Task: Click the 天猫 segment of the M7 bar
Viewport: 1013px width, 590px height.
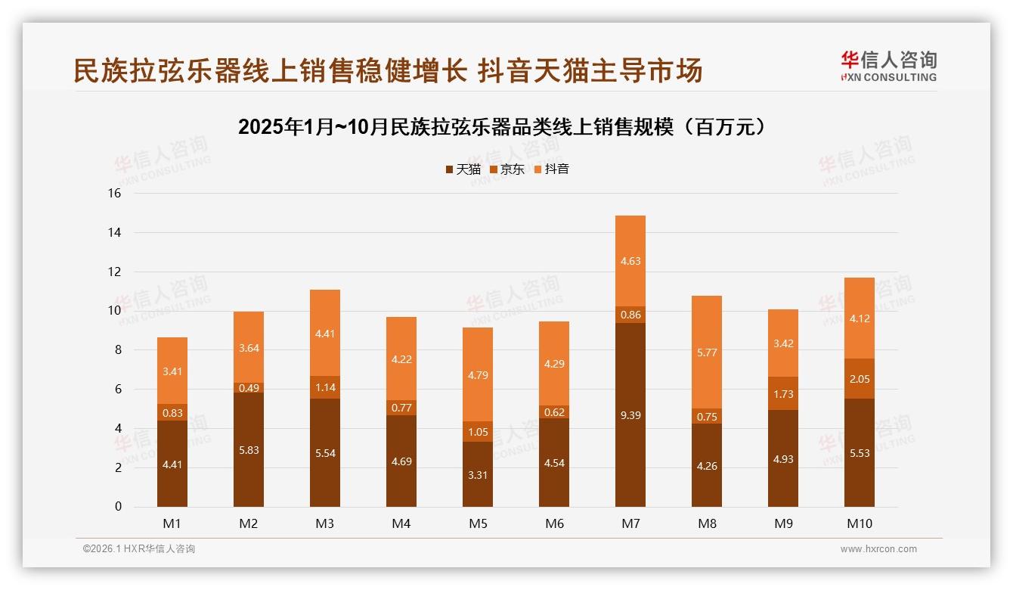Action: pos(630,415)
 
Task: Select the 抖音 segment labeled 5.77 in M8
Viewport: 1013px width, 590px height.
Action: pos(706,352)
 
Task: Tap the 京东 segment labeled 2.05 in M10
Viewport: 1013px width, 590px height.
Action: pos(859,379)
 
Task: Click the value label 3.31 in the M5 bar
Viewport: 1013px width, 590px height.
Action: pos(477,475)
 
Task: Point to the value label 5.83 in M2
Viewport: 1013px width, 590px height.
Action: pos(248,450)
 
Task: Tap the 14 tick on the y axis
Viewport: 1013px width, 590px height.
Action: pos(114,232)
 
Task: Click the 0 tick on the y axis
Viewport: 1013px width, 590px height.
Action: pos(118,507)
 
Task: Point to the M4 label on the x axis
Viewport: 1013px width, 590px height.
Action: pos(401,523)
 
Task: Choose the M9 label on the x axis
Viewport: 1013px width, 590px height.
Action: pos(782,523)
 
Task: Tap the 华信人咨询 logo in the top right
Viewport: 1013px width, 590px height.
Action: pos(888,66)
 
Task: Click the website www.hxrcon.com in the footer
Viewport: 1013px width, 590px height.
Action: pos(878,549)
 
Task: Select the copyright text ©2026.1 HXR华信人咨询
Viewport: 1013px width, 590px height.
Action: pos(138,549)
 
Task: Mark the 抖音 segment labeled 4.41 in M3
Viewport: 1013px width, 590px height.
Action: pos(324,333)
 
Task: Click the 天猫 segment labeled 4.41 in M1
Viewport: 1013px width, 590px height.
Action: pos(172,464)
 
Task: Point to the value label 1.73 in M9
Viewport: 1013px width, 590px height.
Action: pos(782,394)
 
